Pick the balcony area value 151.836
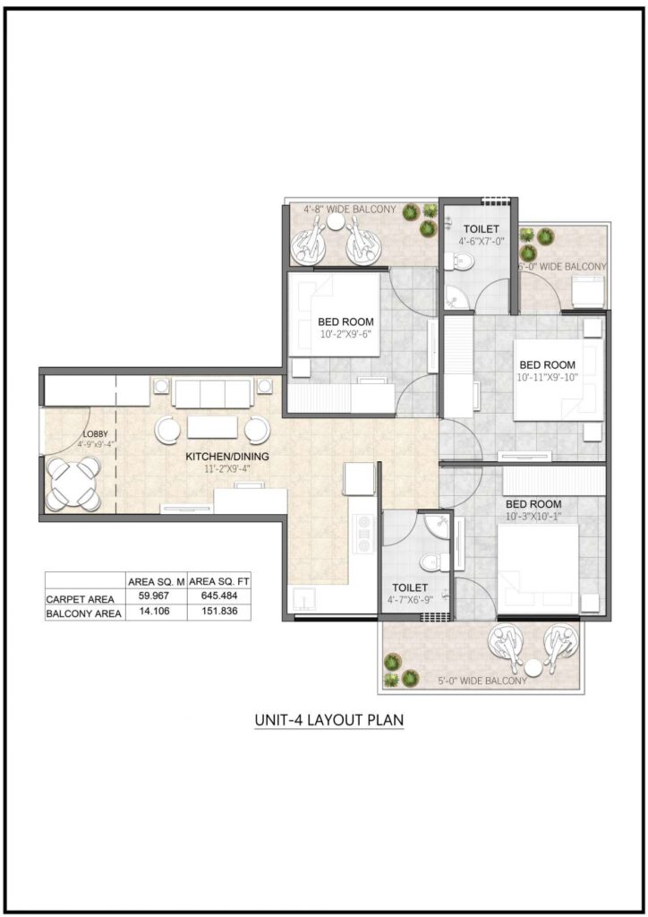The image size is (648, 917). click(219, 613)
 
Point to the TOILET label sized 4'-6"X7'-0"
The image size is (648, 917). click(482, 229)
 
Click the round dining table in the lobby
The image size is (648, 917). click(73, 483)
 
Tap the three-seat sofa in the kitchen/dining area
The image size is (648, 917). click(211, 392)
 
